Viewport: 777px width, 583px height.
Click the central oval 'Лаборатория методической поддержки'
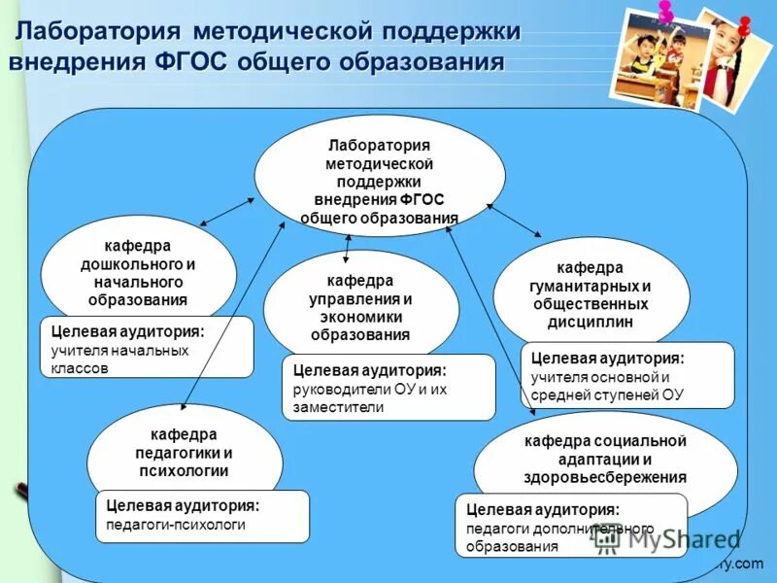coord(380,177)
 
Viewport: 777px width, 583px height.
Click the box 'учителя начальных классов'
coord(146,348)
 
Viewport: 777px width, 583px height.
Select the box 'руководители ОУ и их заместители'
coord(388,388)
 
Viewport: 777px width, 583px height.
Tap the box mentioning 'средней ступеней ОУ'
coord(627,375)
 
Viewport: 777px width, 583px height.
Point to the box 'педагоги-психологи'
coord(202,516)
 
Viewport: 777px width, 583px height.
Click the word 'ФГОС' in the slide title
coord(196,62)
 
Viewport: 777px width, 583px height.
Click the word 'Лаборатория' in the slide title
coord(102,31)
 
